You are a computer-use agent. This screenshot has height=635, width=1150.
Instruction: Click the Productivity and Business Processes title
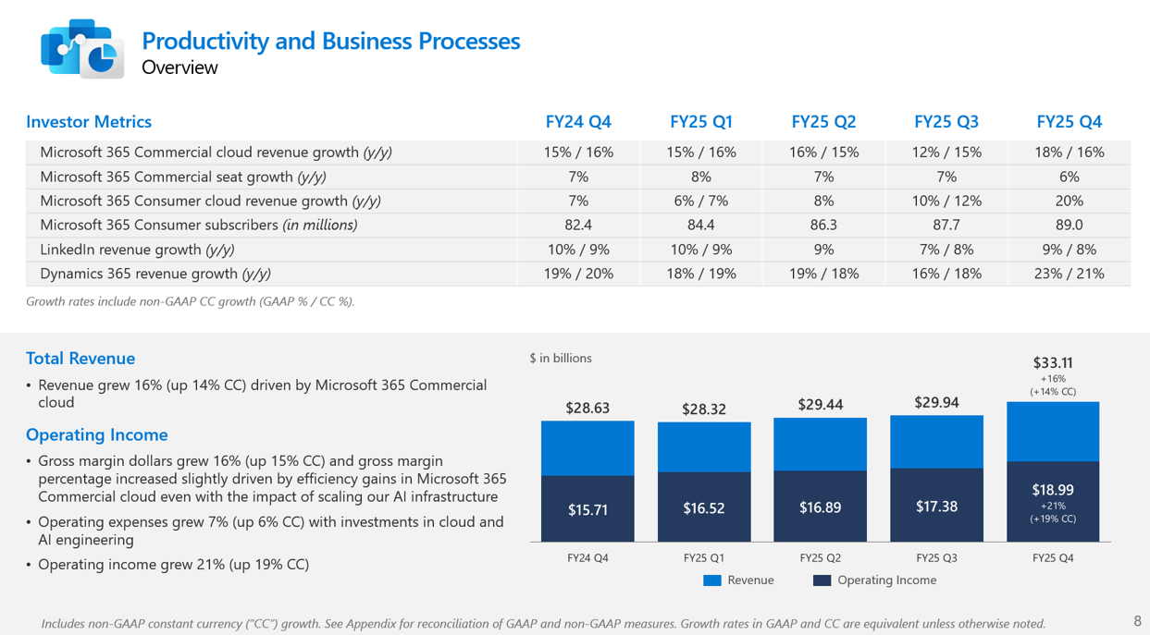330,41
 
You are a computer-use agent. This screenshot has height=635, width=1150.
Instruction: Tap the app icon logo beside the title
81,48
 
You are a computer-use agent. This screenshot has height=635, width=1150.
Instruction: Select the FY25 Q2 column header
823,122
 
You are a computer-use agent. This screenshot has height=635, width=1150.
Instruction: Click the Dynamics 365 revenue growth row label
155,274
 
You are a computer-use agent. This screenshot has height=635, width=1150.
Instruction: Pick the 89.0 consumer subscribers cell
1069,225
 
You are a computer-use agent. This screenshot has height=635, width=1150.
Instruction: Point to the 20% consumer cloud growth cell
1069,201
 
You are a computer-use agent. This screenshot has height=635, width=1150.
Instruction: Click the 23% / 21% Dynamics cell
1069,274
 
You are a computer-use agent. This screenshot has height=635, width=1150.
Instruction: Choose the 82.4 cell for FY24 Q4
578,225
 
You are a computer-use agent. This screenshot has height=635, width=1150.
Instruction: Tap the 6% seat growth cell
1069,177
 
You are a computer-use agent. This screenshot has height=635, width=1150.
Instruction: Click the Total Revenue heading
80,359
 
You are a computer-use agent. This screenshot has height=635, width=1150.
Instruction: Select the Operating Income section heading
97,434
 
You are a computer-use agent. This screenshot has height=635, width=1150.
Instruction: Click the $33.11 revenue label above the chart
1053,363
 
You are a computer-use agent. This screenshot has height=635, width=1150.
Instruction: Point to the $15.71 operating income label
587,509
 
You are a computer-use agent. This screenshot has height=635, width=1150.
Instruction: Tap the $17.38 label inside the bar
936,506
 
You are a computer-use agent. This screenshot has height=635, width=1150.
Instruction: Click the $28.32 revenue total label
704,409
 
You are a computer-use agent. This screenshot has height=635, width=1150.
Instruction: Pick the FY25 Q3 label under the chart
936,558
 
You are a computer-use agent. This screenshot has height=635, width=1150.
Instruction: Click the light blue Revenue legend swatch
711,580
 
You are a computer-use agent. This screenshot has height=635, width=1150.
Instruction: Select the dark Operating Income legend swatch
822,580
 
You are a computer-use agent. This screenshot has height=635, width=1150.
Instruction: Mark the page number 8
1137,621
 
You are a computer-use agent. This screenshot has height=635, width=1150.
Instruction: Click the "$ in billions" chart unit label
561,358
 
